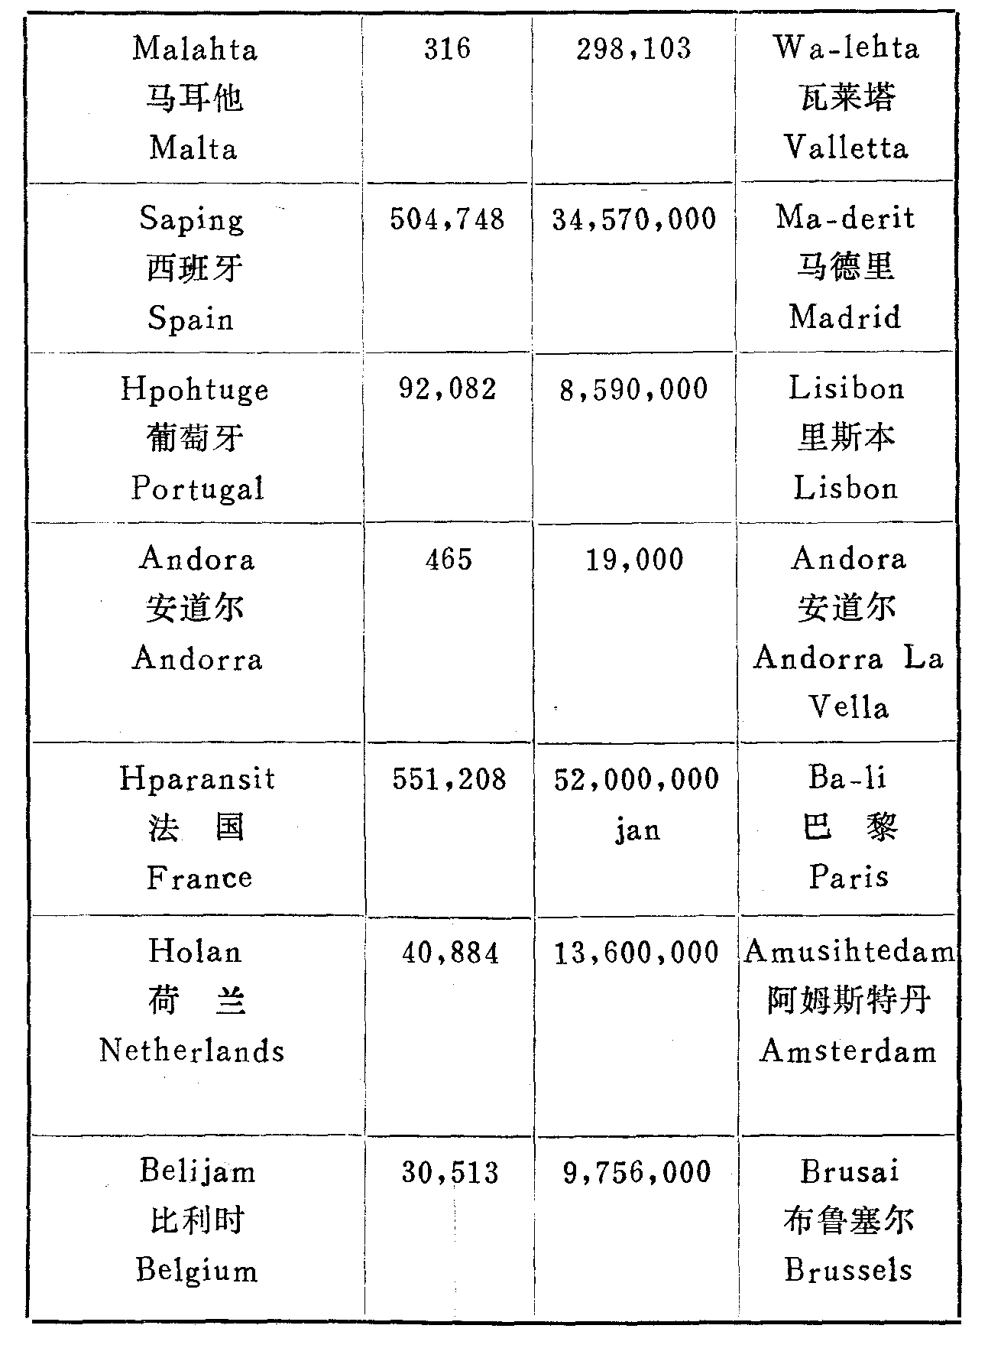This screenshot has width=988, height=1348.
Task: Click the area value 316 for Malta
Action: pos(448,50)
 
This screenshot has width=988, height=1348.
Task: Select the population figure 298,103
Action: pos(633,50)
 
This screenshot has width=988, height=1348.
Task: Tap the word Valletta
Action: pos(847,147)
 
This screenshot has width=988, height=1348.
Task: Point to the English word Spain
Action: pos(191,318)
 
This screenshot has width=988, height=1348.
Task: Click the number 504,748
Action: pos(447,220)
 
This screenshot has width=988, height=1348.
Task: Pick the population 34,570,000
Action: pos(634,220)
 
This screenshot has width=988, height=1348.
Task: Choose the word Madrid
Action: pos(846,317)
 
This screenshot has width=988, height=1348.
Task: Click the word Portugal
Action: pos(197,489)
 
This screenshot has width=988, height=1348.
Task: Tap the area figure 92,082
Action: pos(448,390)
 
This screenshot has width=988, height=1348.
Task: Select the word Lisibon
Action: pos(847,389)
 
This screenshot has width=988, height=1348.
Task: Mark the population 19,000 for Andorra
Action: pos(635,560)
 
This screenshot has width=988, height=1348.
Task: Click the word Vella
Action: pos(849,707)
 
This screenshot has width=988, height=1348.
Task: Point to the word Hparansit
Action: pos(197,779)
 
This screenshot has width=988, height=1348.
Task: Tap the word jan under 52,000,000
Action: pos(637,830)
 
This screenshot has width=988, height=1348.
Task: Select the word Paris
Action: pos(849,876)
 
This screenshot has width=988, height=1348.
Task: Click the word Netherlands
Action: pos(192,1051)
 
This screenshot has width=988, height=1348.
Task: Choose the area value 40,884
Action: pos(450,953)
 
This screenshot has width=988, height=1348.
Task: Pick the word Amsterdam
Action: pos(848,1051)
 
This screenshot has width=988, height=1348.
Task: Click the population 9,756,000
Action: pos(637,1173)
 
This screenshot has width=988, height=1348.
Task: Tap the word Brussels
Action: pos(848,1270)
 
